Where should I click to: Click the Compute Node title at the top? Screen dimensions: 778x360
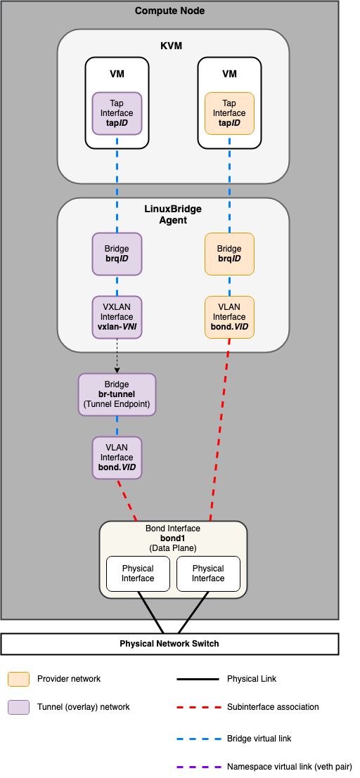(169, 11)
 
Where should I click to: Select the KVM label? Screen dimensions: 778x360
(172, 46)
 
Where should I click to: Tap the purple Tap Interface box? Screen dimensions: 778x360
(117, 113)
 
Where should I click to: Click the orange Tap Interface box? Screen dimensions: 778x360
(229, 113)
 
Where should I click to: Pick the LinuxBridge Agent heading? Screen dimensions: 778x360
(172, 214)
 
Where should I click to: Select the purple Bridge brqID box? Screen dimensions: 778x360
(117, 254)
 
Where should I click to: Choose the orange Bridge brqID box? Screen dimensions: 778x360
(229, 254)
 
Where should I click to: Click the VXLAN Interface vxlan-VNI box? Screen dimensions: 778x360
(117, 317)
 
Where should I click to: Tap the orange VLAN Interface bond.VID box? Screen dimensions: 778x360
(229, 317)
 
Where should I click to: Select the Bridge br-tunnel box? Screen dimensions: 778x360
(117, 394)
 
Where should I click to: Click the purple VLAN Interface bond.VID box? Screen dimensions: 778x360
(117, 458)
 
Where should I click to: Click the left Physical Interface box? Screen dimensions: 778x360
(138, 573)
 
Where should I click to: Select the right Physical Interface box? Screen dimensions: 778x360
(208, 573)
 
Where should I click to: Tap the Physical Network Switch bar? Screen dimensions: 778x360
(169, 644)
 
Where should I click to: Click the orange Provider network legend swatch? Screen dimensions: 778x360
(18, 679)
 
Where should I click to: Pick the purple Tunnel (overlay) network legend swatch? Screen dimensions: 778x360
(18, 707)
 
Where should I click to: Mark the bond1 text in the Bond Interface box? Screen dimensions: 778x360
(173, 538)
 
